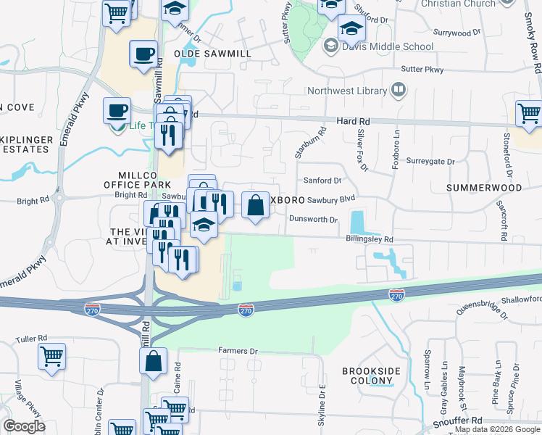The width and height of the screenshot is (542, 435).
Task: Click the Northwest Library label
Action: point(349,91)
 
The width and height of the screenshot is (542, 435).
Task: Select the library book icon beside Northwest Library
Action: point(398,90)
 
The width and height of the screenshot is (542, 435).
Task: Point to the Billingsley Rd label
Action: point(370,239)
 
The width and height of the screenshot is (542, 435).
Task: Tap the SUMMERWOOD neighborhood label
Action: point(484,188)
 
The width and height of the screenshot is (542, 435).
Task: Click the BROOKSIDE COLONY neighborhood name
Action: point(371,376)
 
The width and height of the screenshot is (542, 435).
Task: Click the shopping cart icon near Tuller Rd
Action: point(52,355)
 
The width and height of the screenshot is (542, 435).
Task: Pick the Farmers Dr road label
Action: point(238,351)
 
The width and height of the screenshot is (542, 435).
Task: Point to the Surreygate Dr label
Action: point(430,161)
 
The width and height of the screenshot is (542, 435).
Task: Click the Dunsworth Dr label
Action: point(314,219)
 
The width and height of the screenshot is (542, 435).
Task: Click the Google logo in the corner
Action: point(24,426)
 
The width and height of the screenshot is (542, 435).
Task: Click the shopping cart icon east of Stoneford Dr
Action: point(529,113)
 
